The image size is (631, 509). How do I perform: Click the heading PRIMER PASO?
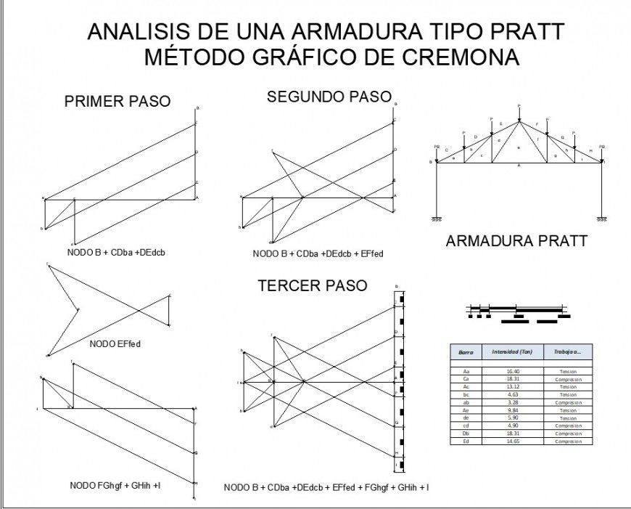pos(117,102)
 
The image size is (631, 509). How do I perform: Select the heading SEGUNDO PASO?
pos(329,97)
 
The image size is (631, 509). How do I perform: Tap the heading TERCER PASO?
pos(313,286)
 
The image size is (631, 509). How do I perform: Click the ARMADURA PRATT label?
pos(516,241)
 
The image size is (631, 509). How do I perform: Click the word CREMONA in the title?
pos(455,57)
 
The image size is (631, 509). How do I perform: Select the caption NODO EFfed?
pos(115,343)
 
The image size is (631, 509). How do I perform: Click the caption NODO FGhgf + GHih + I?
pos(115,484)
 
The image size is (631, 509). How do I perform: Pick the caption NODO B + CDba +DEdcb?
pos(119,252)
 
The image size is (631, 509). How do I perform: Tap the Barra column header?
pos(466,351)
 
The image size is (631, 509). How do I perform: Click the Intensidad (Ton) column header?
pos(512,351)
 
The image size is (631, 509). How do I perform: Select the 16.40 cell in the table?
pos(512,371)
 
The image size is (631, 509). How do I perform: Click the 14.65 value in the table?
pos(512,441)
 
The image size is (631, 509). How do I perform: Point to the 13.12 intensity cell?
pos(512,387)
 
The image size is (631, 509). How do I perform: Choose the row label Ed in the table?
pos(466,441)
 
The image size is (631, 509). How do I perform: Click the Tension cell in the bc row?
pos(568,395)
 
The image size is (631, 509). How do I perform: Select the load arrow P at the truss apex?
pos(519,113)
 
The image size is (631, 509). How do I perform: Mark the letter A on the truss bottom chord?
pos(519,166)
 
